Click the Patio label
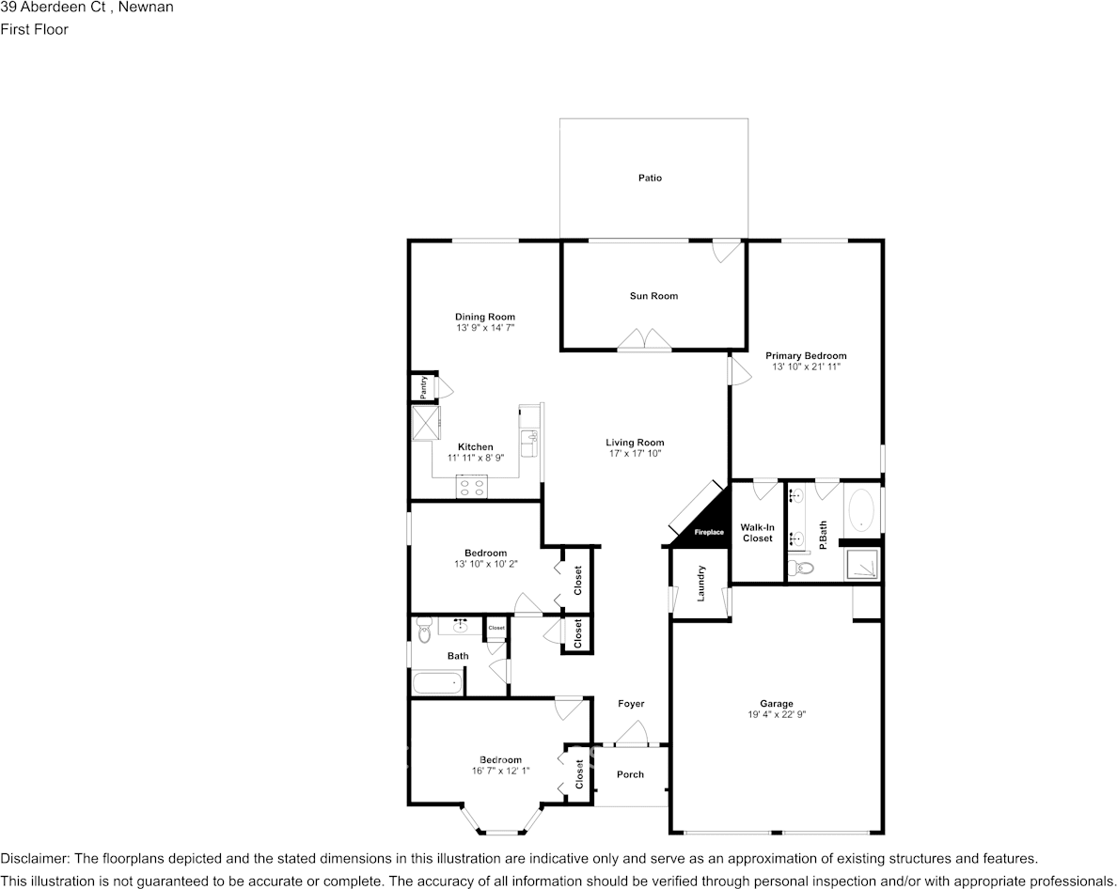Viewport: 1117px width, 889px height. coord(650,178)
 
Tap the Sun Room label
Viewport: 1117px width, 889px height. coord(653,296)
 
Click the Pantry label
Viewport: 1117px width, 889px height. coord(424,387)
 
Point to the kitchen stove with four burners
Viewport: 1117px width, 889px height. coord(472,486)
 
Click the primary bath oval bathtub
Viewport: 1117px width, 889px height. coord(861,512)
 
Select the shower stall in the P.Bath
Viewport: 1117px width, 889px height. coord(861,564)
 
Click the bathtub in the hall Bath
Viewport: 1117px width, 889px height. coord(438,683)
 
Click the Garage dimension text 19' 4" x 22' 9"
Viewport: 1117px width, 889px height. coord(777,715)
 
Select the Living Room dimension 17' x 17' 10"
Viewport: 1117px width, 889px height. coord(635,454)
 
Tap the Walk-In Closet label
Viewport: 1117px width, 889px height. coord(757,533)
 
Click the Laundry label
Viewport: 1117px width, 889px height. coord(701,583)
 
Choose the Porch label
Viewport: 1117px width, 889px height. coord(630,774)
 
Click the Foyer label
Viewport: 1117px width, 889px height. coord(631,704)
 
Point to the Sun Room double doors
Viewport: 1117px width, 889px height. coord(645,340)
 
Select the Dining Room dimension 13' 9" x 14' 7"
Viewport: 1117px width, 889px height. coord(485,328)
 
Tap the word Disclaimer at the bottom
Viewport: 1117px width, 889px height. coord(34,859)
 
